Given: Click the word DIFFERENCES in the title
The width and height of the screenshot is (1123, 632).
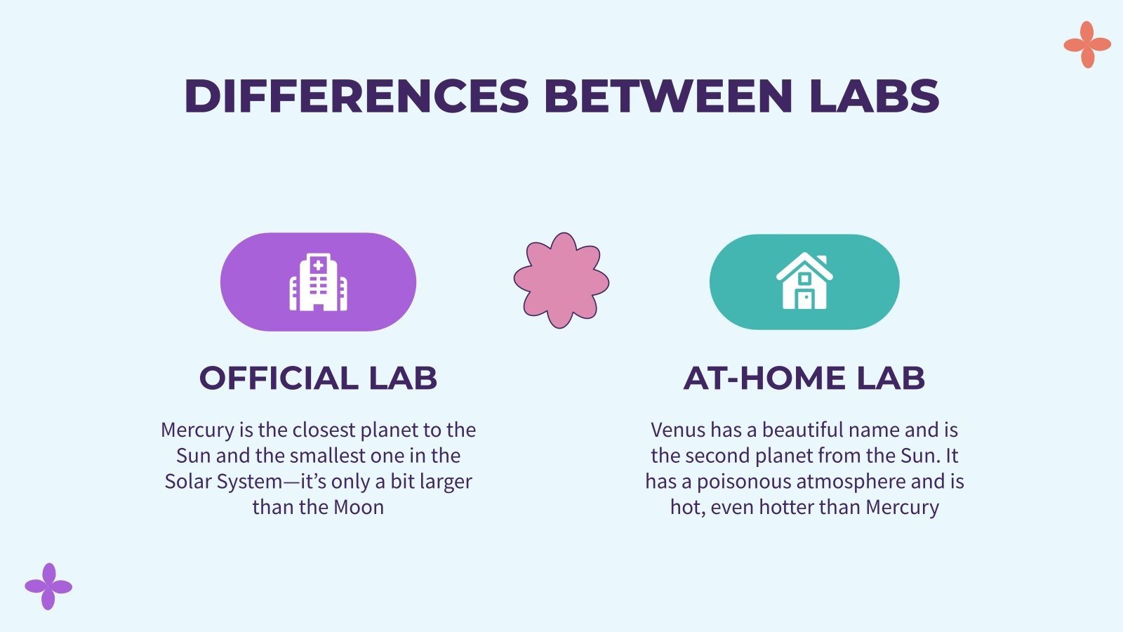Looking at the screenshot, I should (356, 96).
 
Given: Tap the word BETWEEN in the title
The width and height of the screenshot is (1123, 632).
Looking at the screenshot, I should (668, 96).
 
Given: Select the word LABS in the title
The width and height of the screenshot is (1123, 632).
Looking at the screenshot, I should (874, 96).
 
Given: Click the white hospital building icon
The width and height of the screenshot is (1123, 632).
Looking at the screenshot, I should (318, 282).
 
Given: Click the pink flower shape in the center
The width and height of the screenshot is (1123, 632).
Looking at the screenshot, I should (561, 281).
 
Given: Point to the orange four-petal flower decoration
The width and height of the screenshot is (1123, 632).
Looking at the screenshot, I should (1087, 45).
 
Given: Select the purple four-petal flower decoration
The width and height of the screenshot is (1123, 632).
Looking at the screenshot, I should (48, 586).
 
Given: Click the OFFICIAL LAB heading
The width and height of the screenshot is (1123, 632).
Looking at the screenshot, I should (318, 378).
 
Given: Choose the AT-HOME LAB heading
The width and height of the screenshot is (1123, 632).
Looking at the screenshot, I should (804, 378).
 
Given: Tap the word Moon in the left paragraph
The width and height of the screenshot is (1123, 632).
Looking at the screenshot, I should (359, 507).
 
